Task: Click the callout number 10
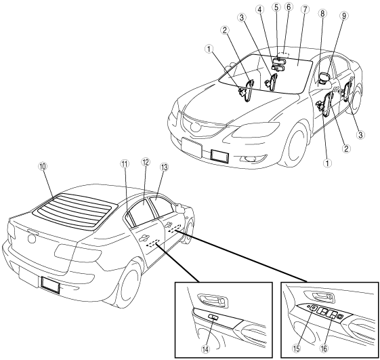[x=43, y=167]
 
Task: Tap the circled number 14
[x=205, y=349]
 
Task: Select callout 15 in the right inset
[x=297, y=349]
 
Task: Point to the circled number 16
[x=324, y=349]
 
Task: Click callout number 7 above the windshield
[x=305, y=9]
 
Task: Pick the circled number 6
[x=289, y=7]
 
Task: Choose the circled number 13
[x=164, y=167]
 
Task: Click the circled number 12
[x=146, y=162]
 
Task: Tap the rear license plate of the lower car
[x=50, y=285]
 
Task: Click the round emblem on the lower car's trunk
[x=32, y=239]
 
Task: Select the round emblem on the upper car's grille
[x=194, y=127]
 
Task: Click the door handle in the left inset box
[x=213, y=300]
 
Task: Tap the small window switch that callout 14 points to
[x=213, y=317]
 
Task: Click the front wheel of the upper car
[x=296, y=145]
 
